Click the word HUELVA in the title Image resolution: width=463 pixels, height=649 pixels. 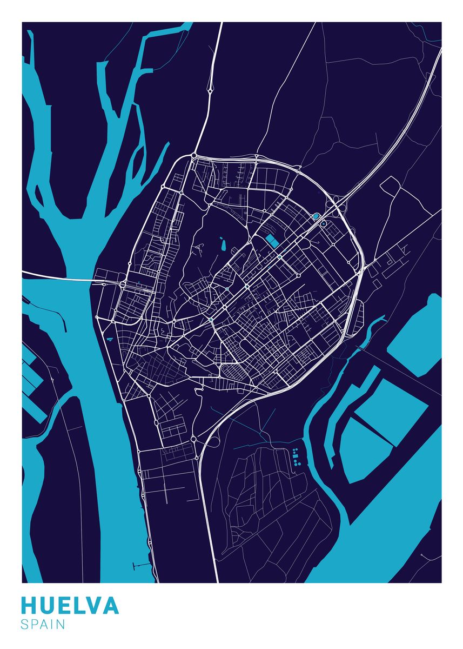(70, 606)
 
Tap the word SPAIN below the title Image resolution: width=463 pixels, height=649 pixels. (43, 625)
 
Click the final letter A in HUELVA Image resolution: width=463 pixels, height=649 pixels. (110, 606)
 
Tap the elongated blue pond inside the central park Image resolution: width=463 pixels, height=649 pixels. (222, 245)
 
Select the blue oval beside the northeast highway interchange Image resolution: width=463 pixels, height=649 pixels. (316, 216)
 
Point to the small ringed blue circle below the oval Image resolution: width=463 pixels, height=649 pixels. (323, 223)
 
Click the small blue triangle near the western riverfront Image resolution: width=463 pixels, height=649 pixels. (110, 339)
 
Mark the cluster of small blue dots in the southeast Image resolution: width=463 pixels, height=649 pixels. (295, 458)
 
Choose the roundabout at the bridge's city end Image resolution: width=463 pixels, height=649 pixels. (123, 283)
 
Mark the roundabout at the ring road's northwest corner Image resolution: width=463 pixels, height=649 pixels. (193, 156)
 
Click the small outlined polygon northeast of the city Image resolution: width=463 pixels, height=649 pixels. (390, 186)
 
